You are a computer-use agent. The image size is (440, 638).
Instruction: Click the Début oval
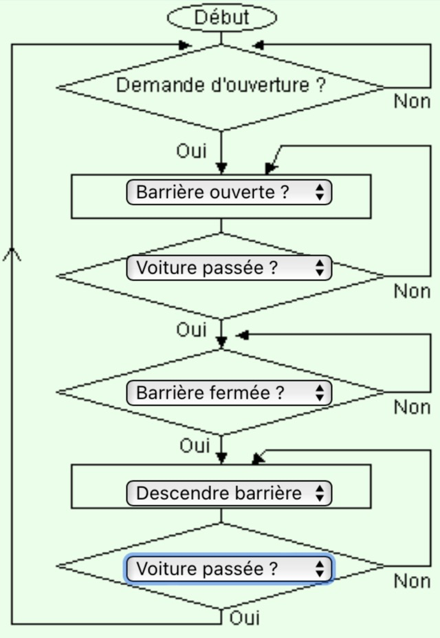[222, 17]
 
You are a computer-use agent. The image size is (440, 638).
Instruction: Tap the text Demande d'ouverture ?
[221, 85]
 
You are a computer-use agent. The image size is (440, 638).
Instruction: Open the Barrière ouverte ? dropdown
[229, 192]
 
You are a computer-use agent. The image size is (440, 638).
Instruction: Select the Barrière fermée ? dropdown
[229, 393]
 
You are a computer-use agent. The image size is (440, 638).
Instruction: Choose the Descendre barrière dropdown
[229, 493]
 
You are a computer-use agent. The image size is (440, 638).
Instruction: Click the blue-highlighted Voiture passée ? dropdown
[229, 569]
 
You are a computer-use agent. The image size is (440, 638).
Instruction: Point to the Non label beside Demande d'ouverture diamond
[412, 101]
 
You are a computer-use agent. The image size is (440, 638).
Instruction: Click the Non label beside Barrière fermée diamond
[412, 407]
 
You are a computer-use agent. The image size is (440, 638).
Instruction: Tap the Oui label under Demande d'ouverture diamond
[191, 151]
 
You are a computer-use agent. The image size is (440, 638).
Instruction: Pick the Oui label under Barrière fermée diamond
[195, 445]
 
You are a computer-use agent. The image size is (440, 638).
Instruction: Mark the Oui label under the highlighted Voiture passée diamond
[245, 618]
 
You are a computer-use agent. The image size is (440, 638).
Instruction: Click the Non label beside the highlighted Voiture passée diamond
[412, 581]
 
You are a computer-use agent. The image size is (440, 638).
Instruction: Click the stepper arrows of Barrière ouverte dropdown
[320, 192]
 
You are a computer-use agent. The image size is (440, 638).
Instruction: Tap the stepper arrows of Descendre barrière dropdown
[320, 493]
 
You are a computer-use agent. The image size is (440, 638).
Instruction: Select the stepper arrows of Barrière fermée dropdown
[320, 393]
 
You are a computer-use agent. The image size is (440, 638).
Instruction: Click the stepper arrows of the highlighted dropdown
[320, 569]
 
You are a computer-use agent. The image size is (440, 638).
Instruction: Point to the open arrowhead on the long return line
[12, 254]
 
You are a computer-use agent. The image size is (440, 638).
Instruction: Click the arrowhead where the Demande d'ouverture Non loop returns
[258, 45]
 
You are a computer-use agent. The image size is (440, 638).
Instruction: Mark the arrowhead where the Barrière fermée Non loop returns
[243, 335]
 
